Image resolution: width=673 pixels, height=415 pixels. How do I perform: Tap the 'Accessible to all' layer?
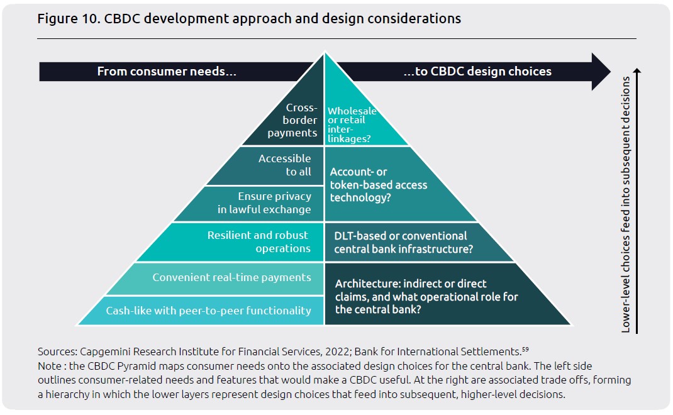click(x=275, y=166)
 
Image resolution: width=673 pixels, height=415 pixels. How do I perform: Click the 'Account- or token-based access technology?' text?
click(x=378, y=184)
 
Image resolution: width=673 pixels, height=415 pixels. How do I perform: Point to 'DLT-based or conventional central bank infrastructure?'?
click(x=403, y=243)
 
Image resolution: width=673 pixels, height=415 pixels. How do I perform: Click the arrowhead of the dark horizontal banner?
click(x=601, y=71)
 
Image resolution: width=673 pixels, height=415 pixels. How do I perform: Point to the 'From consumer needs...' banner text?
click(x=167, y=71)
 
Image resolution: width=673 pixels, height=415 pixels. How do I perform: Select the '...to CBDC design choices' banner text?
click(x=477, y=71)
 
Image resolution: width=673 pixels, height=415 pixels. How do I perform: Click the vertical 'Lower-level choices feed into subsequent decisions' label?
click(x=626, y=204)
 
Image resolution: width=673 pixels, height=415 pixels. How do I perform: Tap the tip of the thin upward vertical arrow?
click(x=637, y=69)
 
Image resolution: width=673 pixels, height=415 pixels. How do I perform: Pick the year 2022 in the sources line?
click(x=336, y=352)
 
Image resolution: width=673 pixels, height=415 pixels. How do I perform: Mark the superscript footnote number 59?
click(x=525, y=349)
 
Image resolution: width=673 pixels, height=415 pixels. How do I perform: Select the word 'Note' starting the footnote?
click(x=49, y=366)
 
